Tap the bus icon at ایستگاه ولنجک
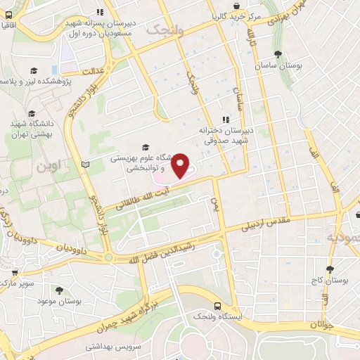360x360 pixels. click(217, 306)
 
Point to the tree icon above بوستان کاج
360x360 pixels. click(329, 269)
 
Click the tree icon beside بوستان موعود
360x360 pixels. click(58, 290)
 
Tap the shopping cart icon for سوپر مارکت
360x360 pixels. click(15, 272)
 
